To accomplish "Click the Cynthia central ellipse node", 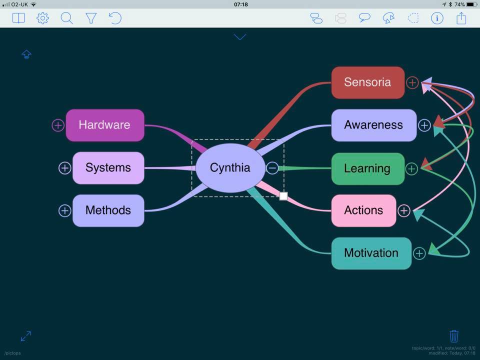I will pos(230,168).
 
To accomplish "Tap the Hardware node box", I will pos(105,125).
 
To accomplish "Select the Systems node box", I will pos(108,168).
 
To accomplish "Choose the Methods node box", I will pos(108,210).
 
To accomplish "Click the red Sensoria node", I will pos(367,82).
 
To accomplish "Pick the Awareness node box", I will pos(373,125).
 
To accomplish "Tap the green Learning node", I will pos(367,168).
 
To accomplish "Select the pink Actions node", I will pos(363,210).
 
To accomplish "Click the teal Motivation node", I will pos(371,253).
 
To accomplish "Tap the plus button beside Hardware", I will pos(58,125).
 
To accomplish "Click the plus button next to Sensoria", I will pos(412,82).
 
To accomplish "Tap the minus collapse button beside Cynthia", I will pos(272,168).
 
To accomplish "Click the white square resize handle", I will pos(283,196).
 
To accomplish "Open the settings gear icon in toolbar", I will pos(42,18).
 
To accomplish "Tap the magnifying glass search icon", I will pos(66,18).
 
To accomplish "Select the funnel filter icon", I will pos(91,18).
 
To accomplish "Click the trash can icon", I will pos(454,335).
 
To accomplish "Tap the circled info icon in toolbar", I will pos(437,18).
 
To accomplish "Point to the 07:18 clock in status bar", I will pos(240,4).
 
